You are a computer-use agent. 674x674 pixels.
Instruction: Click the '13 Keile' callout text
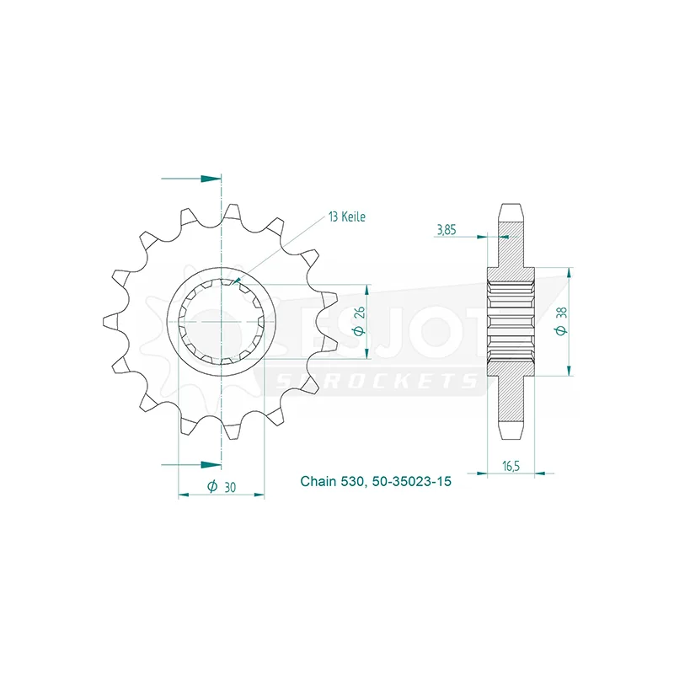point(347,217)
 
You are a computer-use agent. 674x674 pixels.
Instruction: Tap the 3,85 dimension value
point(447,230)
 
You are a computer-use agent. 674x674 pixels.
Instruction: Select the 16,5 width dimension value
point(511,466)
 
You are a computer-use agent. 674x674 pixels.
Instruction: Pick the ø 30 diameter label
point(222,487)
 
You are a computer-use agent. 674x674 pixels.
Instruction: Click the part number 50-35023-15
point(412,481)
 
